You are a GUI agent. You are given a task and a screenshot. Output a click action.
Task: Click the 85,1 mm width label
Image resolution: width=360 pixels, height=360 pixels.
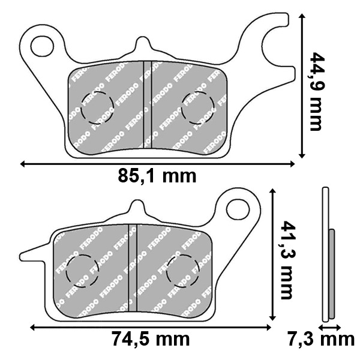[x=157, y=176]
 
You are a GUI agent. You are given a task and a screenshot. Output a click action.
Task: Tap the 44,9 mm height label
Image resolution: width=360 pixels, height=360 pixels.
[x=316, y=92]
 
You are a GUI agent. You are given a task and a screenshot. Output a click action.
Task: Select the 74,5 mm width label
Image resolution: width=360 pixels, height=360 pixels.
[x=151, y=339]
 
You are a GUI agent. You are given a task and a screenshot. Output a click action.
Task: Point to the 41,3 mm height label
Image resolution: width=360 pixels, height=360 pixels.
[x=287, y=260]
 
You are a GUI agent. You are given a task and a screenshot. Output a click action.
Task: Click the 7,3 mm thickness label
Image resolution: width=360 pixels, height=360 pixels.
[x=322, y=339]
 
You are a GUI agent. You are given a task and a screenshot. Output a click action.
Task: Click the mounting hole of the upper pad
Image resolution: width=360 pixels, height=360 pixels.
[x=42, y=46]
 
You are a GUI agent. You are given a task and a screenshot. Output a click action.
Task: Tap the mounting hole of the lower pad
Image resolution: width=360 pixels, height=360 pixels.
[x=238, y=209]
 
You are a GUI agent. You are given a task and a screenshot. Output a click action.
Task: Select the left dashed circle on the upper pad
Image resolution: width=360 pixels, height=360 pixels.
[x=97, y=108]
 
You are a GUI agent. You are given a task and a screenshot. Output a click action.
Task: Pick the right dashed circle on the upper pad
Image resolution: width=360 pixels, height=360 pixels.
[x=197, y=108]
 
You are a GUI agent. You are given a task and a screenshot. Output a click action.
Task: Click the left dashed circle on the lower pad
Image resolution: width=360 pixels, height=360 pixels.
[x=82, y=271]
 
